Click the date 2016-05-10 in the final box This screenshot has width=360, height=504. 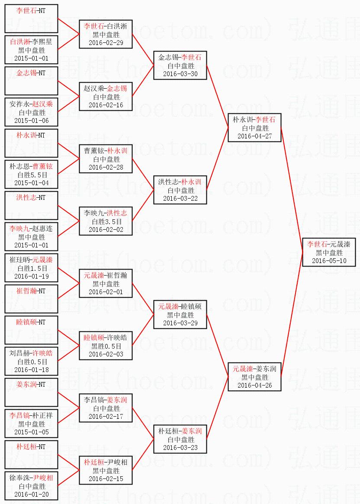click(329, 261)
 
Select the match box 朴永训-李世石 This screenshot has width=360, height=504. click(254, 128)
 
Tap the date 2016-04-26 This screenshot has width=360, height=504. click(254, 385)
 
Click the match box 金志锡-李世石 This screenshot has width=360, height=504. click(180, 65)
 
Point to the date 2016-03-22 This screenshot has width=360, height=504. click(180, 198)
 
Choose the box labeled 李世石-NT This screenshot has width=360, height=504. click(31, 18)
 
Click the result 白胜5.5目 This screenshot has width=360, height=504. click(31, 175)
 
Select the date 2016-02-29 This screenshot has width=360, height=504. click(106, 42)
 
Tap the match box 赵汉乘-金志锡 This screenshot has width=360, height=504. click(106, 96)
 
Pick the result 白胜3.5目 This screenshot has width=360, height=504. click(106, 222)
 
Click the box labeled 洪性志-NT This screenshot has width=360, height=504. click(31, 205)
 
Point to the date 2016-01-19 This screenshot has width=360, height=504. click(31, 276)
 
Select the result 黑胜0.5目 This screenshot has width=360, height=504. click(106, 346)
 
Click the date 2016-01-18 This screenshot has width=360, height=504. click(31, 369)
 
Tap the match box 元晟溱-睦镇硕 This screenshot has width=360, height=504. click(180, 315)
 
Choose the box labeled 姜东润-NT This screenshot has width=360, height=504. click(31, 392)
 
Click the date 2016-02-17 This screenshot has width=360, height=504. click(106, 416)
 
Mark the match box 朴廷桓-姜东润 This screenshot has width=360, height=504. click(180, 439)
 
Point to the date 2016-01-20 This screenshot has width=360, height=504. click(31, 494)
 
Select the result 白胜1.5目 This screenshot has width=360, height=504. click(31, 268)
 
